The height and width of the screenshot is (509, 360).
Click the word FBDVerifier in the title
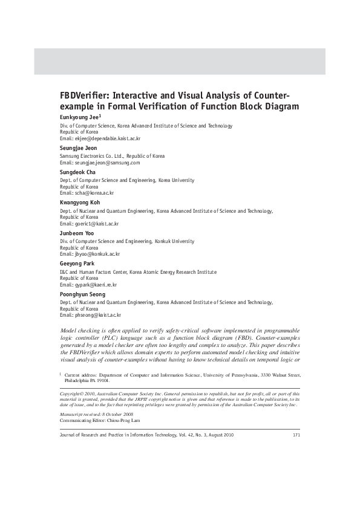point(84,96)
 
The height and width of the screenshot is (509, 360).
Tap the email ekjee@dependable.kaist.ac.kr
point(108,138)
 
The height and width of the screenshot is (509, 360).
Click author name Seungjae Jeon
point(78,148)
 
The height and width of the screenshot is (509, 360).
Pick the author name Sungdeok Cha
point(77,172)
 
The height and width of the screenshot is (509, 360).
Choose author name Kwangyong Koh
point(80,202)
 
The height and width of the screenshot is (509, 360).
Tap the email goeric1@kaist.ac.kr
point(97,224)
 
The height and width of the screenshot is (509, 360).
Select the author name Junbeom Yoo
point(76,233)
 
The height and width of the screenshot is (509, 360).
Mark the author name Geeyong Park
point(77,264)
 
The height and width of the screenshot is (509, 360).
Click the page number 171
point(296,434)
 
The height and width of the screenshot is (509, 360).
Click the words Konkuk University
point(185,241)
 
